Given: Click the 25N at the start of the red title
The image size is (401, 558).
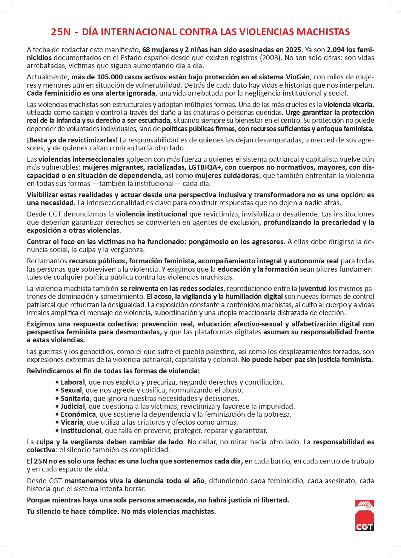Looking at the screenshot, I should point(61,32).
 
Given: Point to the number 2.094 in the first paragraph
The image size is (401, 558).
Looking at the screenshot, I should point(335,49).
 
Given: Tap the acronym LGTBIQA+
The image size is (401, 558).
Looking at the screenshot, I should point(206,167).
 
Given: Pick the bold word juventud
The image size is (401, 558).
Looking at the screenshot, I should point(312,289).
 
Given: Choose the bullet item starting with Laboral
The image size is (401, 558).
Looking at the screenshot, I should point(72,382).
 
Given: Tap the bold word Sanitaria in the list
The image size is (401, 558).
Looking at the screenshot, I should point(75,399).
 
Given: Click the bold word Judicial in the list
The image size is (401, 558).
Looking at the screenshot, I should point(73,407).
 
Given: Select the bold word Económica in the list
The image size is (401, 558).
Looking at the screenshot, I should point(78,414).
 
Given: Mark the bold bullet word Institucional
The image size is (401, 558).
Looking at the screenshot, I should point(81,431).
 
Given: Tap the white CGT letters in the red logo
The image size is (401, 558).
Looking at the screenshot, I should point(364,526).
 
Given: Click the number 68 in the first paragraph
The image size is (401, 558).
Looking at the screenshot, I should point(146,49).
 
